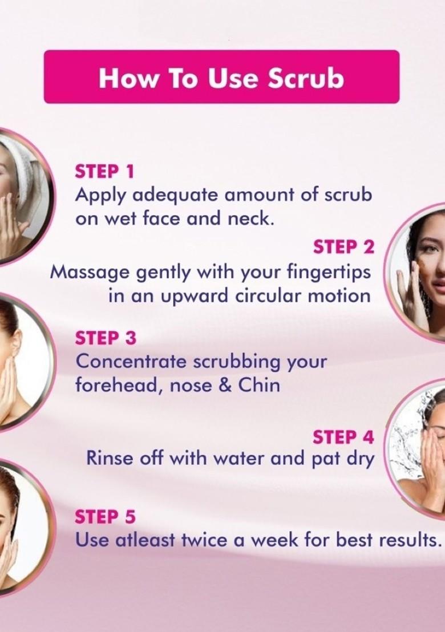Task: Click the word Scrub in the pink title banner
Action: pyautogui.click(x=306, y=78)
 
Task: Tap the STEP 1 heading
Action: pyautogui.click(x=104, y=171)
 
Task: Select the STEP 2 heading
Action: pyautogui.click(x=343, y=247)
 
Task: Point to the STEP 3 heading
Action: pyautogui.click(x=106, y=338)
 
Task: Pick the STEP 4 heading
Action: pyautogui.click(x=343, y=437)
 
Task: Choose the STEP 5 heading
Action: pyautogui.click(x=106, y=517)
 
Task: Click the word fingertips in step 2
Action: pyautogui.click(x=326, y=272)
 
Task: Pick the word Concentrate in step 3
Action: pyautogui.click(x=131, y=362)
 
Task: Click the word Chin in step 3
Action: pyautogui.click(x=258, y=386)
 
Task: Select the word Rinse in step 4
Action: pyautogui.click(x=108, y=458)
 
